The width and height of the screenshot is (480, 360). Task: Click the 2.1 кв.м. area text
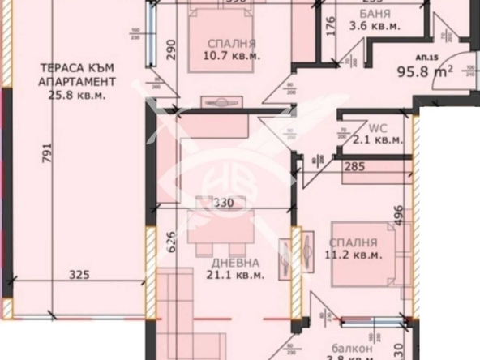click(378, 140)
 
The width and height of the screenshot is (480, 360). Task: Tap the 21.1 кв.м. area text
click(238, 276)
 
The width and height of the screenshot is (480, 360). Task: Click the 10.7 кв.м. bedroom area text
click(232, 56)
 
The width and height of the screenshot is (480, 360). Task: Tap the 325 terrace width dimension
click(79, 275)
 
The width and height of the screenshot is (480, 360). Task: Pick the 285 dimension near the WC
click(355, 168)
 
